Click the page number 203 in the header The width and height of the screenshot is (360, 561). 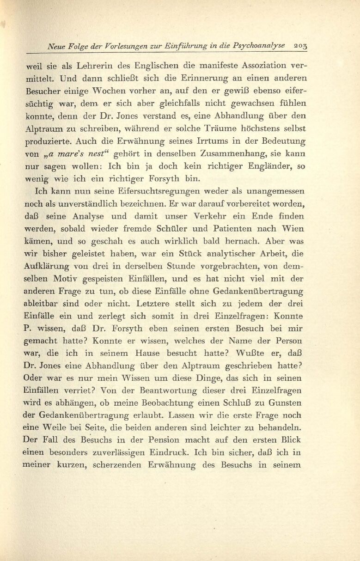301,46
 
